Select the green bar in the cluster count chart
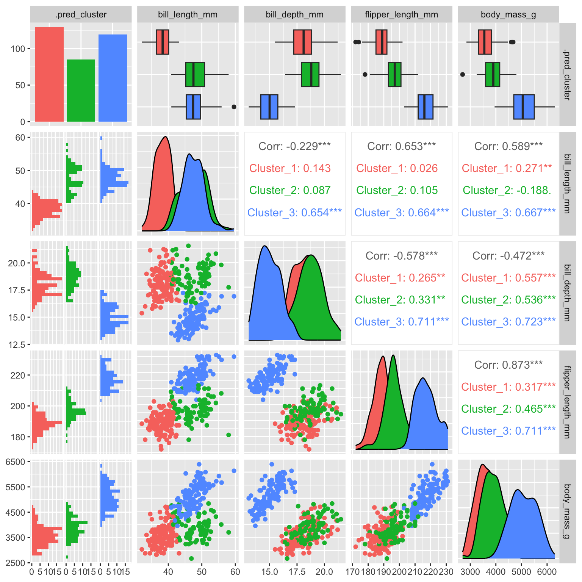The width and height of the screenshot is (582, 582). [81, 91]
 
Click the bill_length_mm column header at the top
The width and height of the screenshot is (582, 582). [188, 15]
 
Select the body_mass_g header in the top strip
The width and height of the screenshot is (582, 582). [508, 15]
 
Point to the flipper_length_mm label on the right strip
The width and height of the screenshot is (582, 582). [567, 402]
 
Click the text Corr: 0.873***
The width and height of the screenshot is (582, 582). [508, 365]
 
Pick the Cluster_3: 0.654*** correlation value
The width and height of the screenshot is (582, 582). [294, 213]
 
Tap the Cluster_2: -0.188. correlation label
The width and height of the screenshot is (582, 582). [507, 190]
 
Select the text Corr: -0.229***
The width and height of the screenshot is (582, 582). [294, 146]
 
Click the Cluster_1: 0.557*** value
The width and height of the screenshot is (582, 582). [508, 278]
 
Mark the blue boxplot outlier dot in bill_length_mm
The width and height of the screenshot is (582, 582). [234, 107]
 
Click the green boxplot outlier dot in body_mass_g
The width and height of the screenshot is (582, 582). [463, 74]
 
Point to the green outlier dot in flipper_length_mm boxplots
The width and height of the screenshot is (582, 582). [365, 75]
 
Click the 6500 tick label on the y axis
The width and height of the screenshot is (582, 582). [16, 462]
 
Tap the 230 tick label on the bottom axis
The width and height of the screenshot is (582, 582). [446, 571]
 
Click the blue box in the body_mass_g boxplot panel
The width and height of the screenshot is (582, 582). [524, 107]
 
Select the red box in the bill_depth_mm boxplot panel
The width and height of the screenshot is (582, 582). [302, 42]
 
